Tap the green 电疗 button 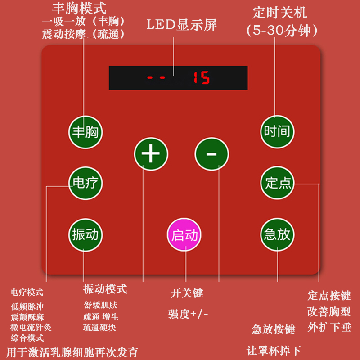(x=85, y=183)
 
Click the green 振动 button (x=85, y=234)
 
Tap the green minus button (x=211, y=154)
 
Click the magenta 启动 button (x=184, y=235)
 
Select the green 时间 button (x=277, y=132)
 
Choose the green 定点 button (x=277, y=183)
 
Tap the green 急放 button (x=277, y=234)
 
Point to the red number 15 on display (x=202, y=78)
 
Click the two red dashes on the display (x=156, y=78)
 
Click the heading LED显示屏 (x=182, y=25)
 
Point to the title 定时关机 (x=280, y=12)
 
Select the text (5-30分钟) (x=283, y=31)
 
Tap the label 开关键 (x=187, y=293)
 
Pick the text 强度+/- (x=188, y=314)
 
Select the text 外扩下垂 (x=329, y=327)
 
